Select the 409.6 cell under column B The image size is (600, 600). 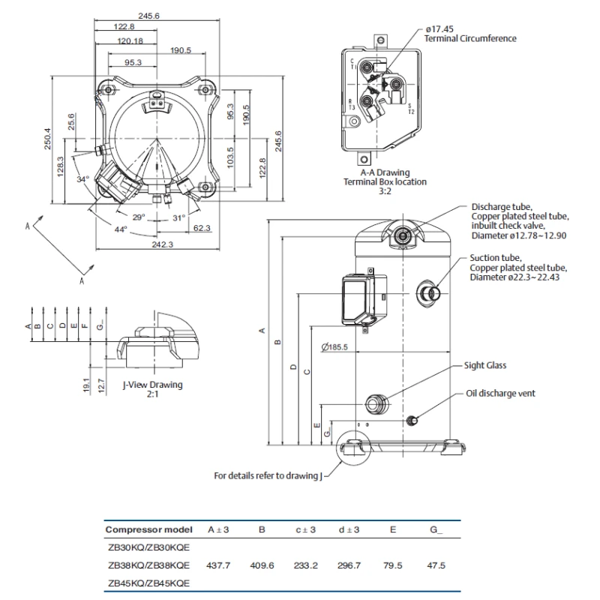point(261,565)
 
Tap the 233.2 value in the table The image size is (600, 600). point(304,565)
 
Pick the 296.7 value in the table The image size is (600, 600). point(349,565)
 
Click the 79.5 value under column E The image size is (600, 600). point(392,565)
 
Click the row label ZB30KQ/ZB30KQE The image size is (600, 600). point(148,547)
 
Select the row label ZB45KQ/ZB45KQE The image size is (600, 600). point(148,583)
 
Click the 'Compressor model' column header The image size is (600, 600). point(148,529)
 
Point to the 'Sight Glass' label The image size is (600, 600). point(486,365)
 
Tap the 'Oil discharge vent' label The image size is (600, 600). point(500,393)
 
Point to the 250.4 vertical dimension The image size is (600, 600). point(48,138)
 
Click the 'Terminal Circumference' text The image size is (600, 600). point(470,37)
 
